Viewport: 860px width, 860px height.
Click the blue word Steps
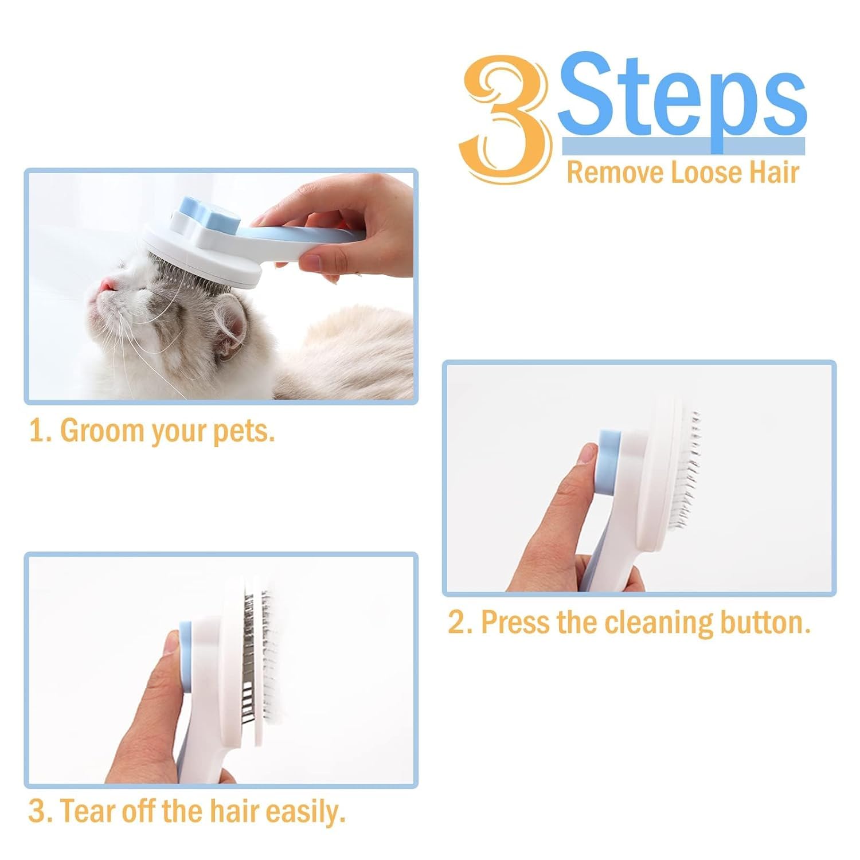682,95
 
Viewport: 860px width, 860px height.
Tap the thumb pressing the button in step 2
585,459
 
